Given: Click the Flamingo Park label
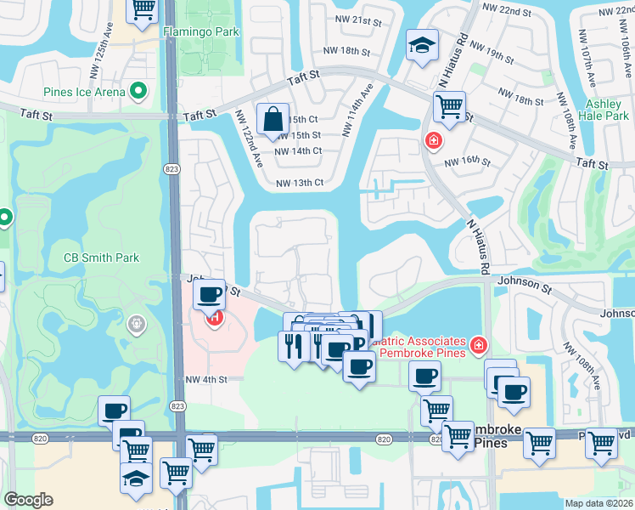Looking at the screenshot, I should click(201, 31).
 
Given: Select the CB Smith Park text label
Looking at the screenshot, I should click(101, 257).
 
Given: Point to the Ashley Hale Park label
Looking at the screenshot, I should click(604, 109).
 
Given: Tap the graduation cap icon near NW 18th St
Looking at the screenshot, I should click(420, 47).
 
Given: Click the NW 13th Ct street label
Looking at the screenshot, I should click(300, 183).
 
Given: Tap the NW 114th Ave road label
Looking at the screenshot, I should click(357, 110).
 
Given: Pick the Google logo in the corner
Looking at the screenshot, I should click(28, 500).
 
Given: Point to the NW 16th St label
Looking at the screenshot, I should click(469, 161).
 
